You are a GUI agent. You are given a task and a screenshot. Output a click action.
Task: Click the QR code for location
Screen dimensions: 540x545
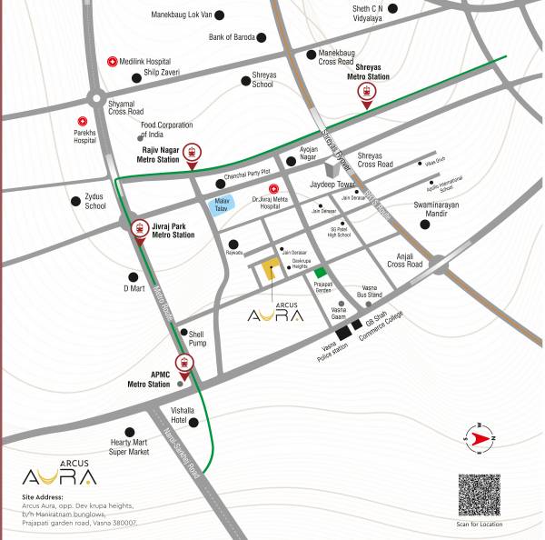point(479,495)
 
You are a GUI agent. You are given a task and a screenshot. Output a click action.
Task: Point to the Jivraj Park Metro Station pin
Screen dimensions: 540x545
point(139,231)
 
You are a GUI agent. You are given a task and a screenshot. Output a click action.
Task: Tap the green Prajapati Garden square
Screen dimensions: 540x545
point(319,273)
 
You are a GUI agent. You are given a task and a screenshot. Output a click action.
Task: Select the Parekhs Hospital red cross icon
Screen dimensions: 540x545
point(83,122)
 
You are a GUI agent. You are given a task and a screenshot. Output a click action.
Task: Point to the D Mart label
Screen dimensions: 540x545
point(135,288)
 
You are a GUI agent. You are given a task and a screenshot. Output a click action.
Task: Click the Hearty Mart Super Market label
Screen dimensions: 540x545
point(129,446)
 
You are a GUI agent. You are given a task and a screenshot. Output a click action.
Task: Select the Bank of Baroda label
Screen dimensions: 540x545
point(232,37)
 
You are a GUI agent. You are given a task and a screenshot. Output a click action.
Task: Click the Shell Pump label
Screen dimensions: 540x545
point(198,338)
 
